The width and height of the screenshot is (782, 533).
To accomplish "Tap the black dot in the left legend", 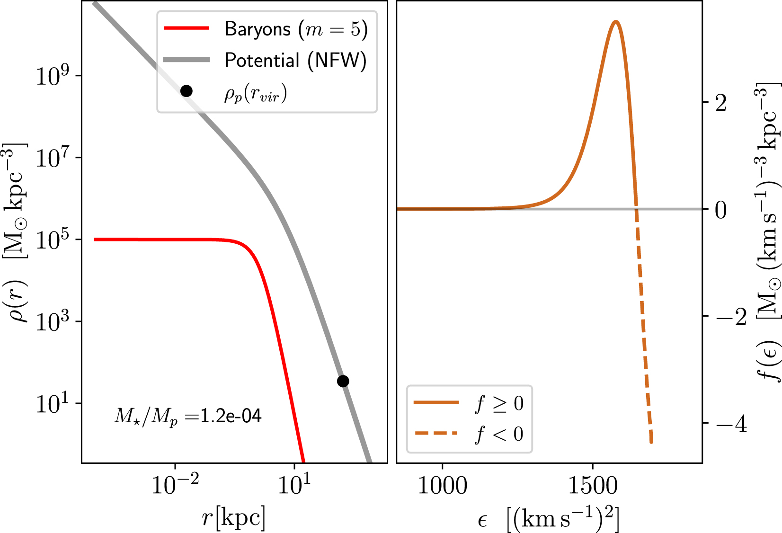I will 187,91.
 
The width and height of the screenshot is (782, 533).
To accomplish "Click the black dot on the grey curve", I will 343,381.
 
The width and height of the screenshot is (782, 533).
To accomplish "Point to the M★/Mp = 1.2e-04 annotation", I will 188,417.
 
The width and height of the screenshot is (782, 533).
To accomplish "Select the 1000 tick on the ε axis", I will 442,486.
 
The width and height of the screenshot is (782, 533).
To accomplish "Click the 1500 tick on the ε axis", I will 593,486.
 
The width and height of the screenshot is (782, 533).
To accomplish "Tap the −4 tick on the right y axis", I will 731,424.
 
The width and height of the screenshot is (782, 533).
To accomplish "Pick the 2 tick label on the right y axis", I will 721,103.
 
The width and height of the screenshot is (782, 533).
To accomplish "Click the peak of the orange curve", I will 615,22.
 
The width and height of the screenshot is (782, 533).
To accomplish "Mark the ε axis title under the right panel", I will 549,519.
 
